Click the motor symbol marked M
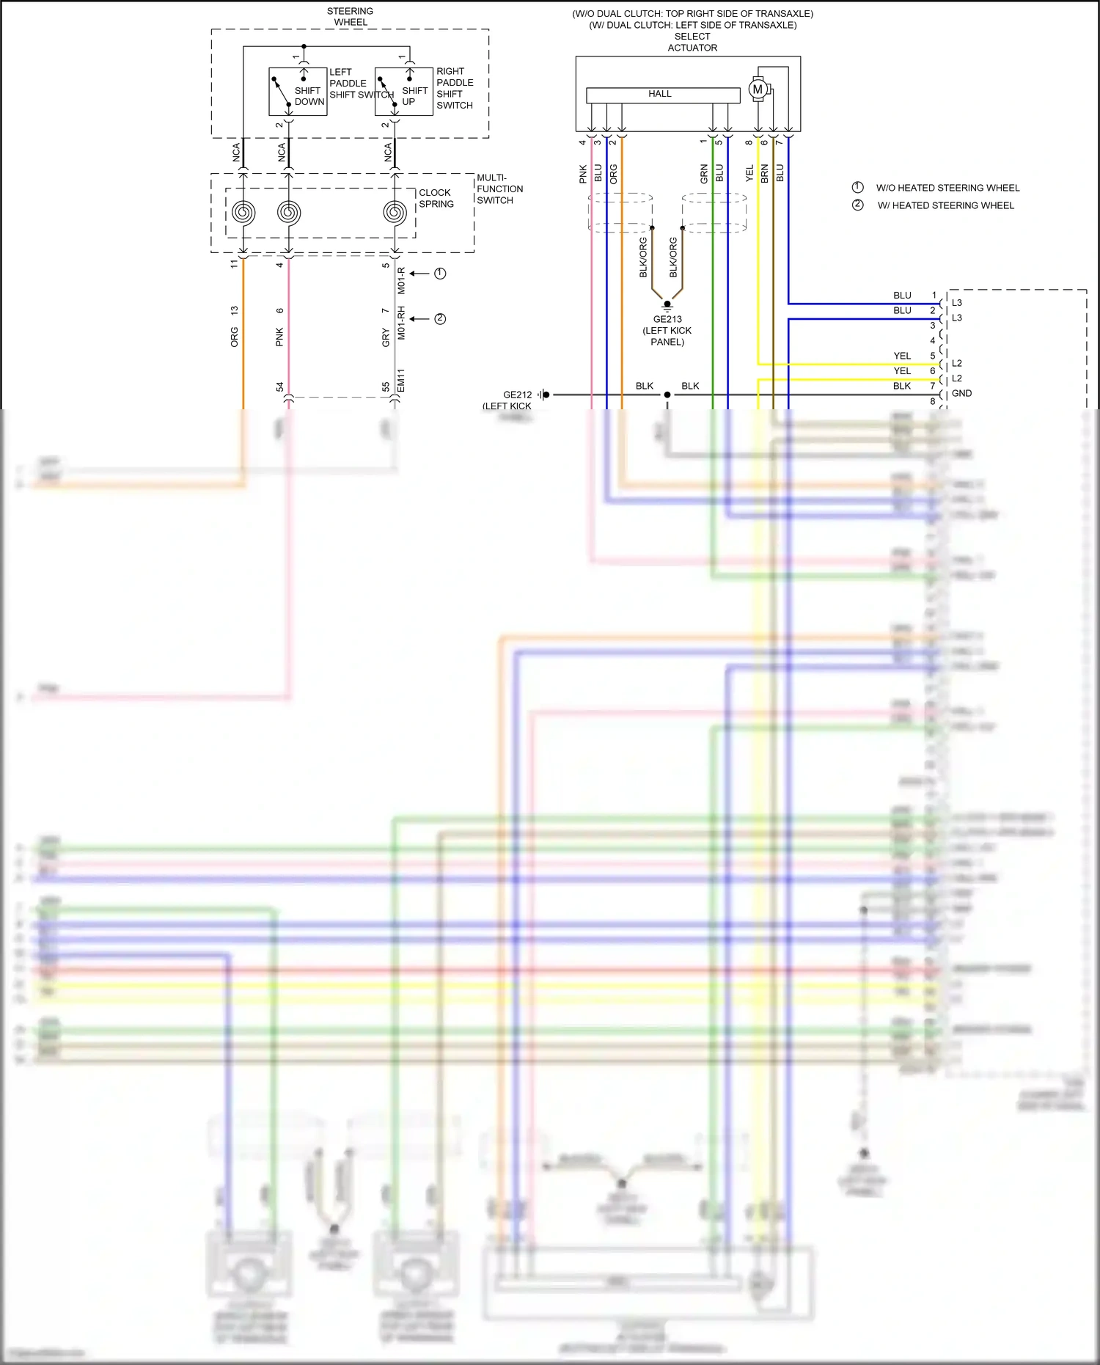point(758,89)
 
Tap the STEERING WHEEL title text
point(351,17)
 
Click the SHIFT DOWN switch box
point(298,92)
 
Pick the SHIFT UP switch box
point(403,92)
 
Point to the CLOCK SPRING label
point(436,198)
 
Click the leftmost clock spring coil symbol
point(243,213)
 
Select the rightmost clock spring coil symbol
point(395,213)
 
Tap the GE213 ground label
point(667,319)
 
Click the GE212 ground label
point(517,395)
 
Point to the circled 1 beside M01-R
point(440,274)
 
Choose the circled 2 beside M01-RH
point(440,319)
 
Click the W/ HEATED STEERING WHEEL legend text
point(945,205)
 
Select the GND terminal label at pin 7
point(961,394)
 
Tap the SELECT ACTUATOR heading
point(692,42)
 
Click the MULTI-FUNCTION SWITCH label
point(499,189)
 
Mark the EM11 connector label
point(401,381)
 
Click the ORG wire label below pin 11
point(235,337)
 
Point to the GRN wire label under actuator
point(704,174)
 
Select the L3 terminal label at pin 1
point(957,303)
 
